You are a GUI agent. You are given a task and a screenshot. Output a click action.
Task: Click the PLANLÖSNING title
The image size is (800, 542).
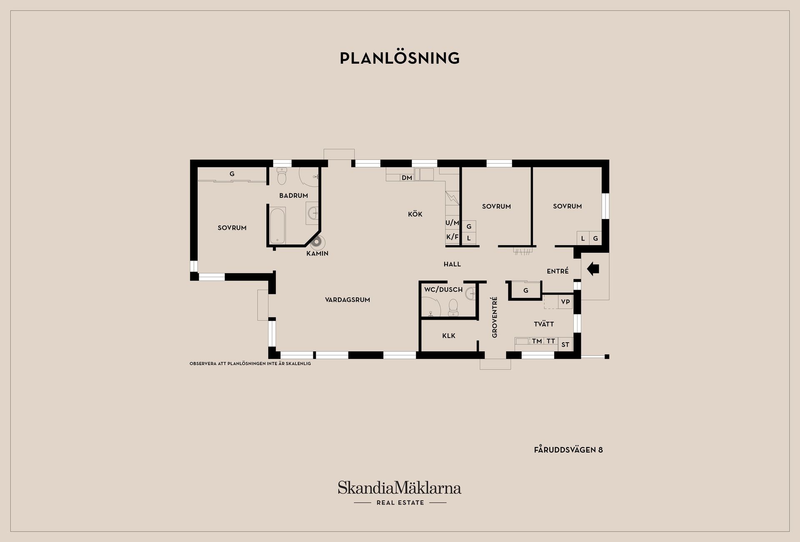click(400, 58)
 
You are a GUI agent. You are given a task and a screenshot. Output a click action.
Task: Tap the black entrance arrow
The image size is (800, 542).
click(593, 269)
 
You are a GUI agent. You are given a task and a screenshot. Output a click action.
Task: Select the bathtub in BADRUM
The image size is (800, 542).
click(277, 225)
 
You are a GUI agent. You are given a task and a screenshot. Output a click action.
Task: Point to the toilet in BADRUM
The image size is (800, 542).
click(282, 176)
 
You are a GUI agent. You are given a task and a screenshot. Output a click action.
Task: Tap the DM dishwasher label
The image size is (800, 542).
click(407, 178)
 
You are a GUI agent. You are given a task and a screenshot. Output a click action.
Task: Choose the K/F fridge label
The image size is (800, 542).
click(452, 237)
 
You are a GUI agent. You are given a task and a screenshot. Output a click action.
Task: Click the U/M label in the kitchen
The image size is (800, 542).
click(452, 223)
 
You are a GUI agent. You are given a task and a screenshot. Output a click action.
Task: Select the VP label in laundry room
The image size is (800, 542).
click(565, 302)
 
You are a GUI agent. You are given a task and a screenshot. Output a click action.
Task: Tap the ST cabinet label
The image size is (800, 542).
click(565, 345)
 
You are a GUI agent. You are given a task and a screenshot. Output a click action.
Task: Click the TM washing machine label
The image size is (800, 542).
click(537, 341)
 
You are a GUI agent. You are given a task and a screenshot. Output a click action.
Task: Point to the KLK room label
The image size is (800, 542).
click(449, 336)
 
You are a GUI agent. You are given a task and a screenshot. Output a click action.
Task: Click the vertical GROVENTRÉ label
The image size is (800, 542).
click(495, 317)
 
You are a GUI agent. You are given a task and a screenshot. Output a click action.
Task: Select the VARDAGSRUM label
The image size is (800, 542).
click(347, 300)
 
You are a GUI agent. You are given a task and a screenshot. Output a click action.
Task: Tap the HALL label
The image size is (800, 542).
click(452, 264)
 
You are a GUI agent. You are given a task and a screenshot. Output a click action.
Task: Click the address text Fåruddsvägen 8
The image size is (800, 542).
click(568, 450)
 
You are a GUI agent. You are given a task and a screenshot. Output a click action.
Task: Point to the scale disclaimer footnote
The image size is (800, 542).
click(250, 363)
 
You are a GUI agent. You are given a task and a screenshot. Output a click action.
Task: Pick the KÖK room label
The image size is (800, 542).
click(415, 214)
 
